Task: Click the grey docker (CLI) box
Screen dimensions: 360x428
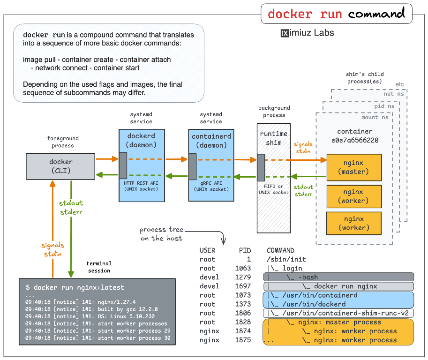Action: (x=61, y=166)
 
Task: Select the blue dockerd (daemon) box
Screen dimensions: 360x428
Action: (x=141, y=141)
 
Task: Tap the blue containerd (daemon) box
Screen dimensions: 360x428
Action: (x=211, y=141)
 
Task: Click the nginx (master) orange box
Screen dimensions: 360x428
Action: (x=353, y=167)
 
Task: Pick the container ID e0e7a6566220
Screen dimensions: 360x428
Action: (x=354, y=140)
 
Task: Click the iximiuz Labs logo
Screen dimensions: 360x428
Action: (x=307, y=33)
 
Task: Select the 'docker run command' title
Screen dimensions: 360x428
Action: (x=336, y=14)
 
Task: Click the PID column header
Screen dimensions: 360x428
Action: (x=244, y=250)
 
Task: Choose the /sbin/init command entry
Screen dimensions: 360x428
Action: (x=286, y=259)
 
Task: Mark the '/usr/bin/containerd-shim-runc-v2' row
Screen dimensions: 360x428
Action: (x=338, y=313)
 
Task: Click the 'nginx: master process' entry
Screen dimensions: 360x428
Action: (x=339, y=322)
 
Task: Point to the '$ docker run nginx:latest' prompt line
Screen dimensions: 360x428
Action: (x=75, y=287)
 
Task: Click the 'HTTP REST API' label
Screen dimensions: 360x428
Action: (x=141, y=182)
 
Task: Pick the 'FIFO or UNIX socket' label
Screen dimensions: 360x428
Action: (x=274, y=189)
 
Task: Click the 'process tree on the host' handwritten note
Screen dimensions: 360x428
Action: (x=161, y=234)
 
